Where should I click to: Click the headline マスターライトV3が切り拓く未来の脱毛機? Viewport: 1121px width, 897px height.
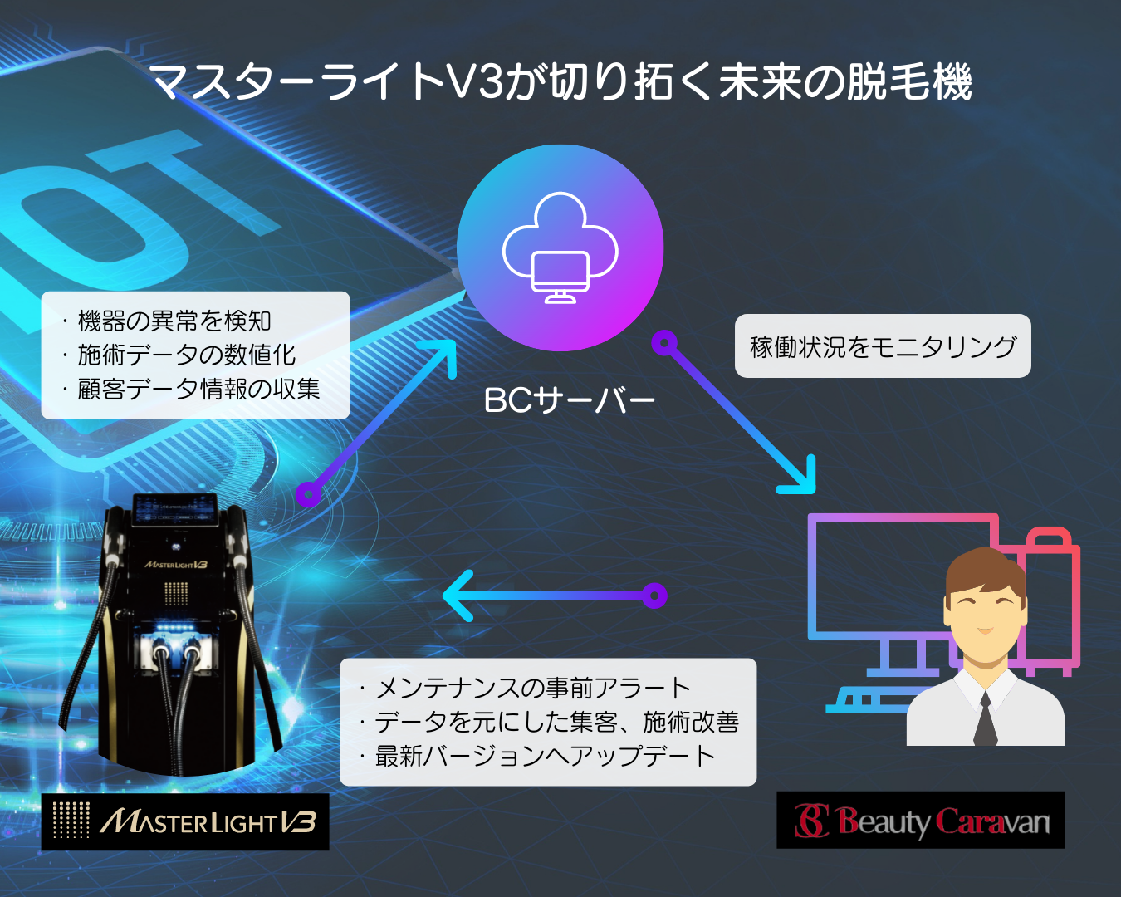(x=563, y=81)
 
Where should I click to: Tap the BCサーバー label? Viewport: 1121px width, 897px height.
(x=569, y=400)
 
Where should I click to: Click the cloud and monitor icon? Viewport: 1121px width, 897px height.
(x=560, y=248)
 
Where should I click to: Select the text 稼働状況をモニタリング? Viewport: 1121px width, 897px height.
(x=883, y=346)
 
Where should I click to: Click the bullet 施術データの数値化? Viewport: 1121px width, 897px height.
(x=179, y=355)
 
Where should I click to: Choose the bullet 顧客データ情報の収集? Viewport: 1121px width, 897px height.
(x=191, y=389)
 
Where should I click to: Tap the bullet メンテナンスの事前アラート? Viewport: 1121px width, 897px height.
(x=525, y=688)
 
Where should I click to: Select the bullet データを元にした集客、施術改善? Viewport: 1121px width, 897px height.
(x=550, y=722)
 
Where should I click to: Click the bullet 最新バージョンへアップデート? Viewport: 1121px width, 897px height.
(x=537, y=756)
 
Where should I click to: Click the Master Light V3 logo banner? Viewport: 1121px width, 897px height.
(x=185, y=822)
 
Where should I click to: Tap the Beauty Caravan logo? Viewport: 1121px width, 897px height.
(x=920, y=820)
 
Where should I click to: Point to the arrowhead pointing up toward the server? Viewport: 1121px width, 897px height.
(x=441, y=355)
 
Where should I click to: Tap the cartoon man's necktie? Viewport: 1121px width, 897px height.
(x=985, y=719)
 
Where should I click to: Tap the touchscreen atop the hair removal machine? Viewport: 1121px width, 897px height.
(x=175, y=509)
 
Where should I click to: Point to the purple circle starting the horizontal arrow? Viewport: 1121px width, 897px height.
(x=654, y=596)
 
